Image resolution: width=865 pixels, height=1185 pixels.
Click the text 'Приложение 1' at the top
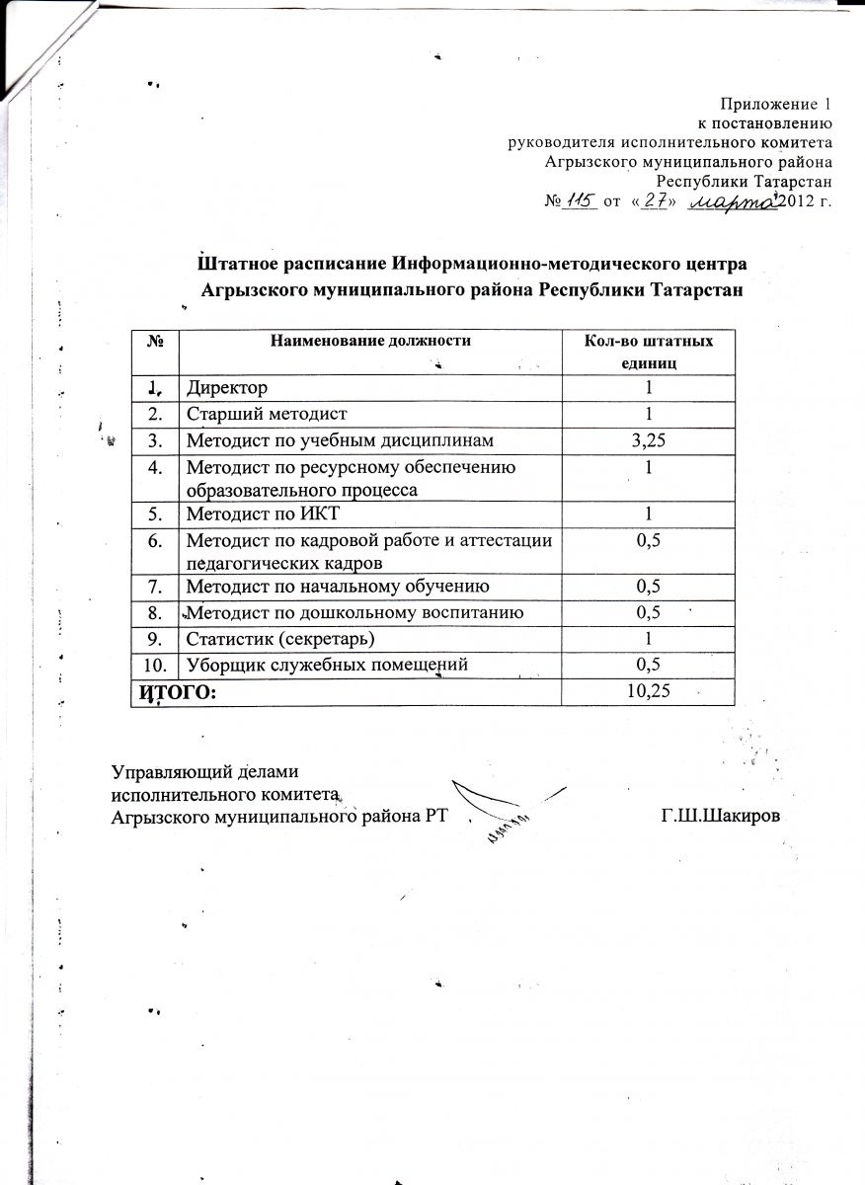776,105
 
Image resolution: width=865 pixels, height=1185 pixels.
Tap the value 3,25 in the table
647,437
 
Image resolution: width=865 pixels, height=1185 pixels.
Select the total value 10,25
647,691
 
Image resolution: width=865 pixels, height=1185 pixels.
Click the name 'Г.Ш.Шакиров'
735,817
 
